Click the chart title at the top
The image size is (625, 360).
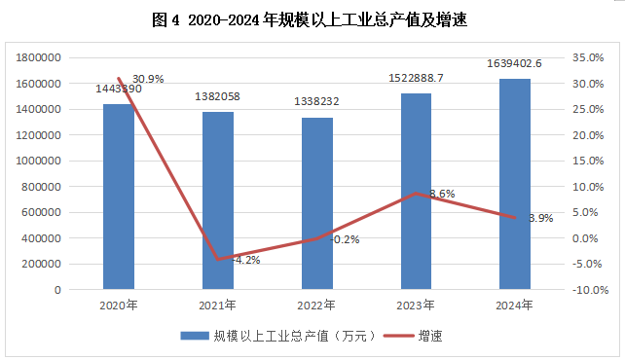pyautogui.click(x=310, y=19)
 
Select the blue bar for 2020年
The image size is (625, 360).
pyautogui.click(x=119, y=197)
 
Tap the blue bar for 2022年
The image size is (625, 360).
pyautogui.click(x=317, y=203)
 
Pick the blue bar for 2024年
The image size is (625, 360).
pyautogui.click(x=515, y=184)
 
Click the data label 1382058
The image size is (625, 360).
pyautogui.click(x=217, y=96)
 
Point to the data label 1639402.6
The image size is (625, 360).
pyautogui.click(x=514, y=63)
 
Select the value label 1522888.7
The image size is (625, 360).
pyautogui.click(x=416, y=78)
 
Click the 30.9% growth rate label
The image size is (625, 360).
pyautogui.click(x=148, y=79)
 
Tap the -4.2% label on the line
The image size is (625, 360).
pyautogui.click(x=246, y=260)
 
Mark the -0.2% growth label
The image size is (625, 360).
pyautogui.click(x=345, y=239)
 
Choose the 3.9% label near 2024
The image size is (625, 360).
pyautogui.click(x=541, y=218)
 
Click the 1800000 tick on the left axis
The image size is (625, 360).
pyautogui.click(x=38, y=57)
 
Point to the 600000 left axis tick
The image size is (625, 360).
pyautogui.click(x=41, y=212)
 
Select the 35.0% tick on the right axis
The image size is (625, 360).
pyautogui.click(x=588, y=57)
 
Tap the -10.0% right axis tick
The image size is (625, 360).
pyautogui.click(x=590, y=290)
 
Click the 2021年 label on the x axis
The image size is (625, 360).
pyautogui.click(x=217, y=306)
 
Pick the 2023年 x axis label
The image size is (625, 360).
pyautogui.click(x=416, y=306)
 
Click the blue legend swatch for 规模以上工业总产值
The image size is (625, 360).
pyautogui.click(x=195, y=336)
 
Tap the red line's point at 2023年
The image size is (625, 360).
pyautogui.click(x=416, y=194)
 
